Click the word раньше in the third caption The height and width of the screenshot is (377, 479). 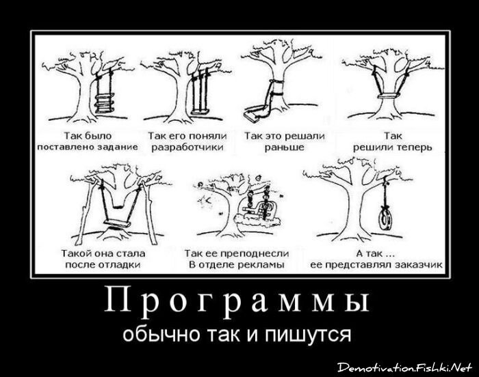coord(283,147)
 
